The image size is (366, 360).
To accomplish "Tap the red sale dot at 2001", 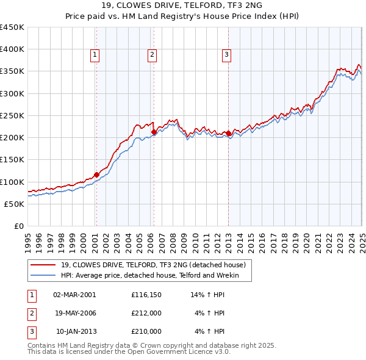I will click(x=96, y=175).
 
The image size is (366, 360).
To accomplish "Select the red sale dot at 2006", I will click(x=154, y=132).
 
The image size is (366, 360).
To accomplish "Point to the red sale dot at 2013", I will click(x=228, y=133).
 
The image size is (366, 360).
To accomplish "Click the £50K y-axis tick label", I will click(x=14, y=204).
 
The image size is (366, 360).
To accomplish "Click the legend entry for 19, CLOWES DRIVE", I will click(x=153, y=265).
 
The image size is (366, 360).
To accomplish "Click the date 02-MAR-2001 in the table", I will click(x=74, y=295).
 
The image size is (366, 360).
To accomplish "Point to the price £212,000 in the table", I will click(x=146, y=313).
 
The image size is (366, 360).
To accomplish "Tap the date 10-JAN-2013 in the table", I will click(x=76, y=331).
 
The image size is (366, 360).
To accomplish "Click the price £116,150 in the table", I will click(x=146, y=295).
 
